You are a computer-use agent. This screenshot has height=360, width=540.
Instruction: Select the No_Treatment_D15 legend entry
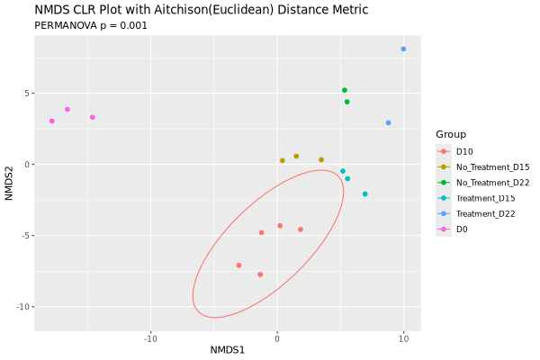tap(492, 166)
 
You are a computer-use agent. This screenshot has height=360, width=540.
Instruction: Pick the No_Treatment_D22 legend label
tap(492, 183)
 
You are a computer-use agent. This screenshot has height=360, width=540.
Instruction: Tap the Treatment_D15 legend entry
tap(485, 198)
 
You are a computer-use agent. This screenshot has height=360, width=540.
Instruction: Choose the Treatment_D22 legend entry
tap(485, 213)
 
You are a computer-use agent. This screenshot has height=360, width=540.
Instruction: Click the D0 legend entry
tap(462, 229)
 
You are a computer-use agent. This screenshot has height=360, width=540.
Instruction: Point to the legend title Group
tap(451, 134)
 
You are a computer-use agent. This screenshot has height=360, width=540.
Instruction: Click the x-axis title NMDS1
tap(228, 349)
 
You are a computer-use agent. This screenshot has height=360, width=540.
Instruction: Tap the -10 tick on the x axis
tap(150, 338)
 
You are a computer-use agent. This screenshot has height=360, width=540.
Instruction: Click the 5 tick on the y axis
tap(28, 94)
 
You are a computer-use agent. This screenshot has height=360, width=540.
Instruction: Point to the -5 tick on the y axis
tap(26, 236)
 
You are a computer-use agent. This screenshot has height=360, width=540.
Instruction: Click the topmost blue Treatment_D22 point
tap(403, 49)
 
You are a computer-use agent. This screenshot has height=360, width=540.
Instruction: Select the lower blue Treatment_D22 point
tap(388, 122)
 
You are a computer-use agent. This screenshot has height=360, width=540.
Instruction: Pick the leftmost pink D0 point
tap(51, 121)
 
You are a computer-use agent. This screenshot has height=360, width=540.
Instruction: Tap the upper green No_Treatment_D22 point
tap(344, 90)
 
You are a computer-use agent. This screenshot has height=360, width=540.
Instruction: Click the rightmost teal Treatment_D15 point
tap(364, 193)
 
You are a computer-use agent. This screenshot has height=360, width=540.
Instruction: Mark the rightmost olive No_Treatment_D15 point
tap(320, 159)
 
